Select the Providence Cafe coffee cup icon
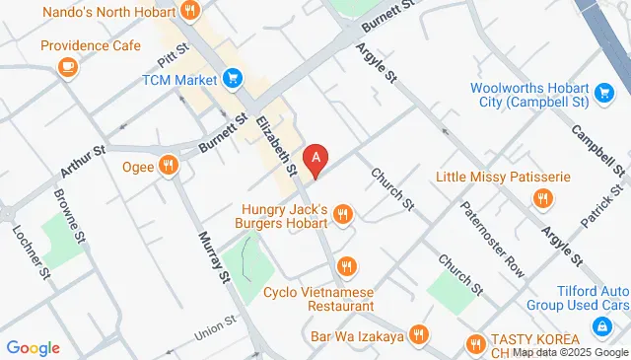[x=67, y=66]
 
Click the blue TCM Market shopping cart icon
[x=234, y=77]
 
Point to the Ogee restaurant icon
[x=169, y=166]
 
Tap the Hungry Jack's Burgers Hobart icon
[x=343, y=213]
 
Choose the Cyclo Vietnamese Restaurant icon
[x=345, y=266]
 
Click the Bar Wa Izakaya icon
[x=420, y=334]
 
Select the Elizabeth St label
[x=277, y=146]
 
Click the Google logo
[x=34, y=347]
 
